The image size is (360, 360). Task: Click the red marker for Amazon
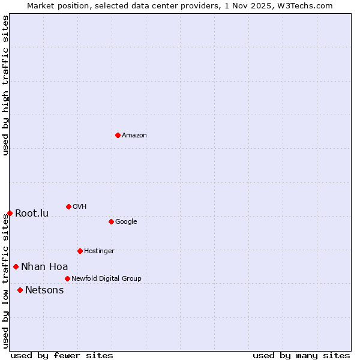[118, 135]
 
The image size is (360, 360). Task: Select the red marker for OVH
[68, 206]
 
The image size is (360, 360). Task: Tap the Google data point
[111, 221]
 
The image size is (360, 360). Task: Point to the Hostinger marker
[80, 251]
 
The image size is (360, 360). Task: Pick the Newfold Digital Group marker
[67, 278]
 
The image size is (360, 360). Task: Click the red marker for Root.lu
[10, 213]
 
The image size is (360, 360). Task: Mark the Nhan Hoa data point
[16, 266]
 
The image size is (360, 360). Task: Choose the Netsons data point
[20, 290]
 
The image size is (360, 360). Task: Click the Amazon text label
[134, 136]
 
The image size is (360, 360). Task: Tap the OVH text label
[80, 207]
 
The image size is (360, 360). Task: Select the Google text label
[126, 222]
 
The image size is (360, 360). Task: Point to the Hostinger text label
[99, 251]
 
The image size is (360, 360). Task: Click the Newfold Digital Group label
[106, 279]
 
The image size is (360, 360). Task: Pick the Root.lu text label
[32, 214]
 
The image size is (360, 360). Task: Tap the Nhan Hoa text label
[44, 267]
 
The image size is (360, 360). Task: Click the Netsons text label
[44, 290]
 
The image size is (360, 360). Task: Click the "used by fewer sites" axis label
[62, 356]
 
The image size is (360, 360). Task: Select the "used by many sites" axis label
[301, 356]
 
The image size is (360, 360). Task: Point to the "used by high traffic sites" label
[5, 85]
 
